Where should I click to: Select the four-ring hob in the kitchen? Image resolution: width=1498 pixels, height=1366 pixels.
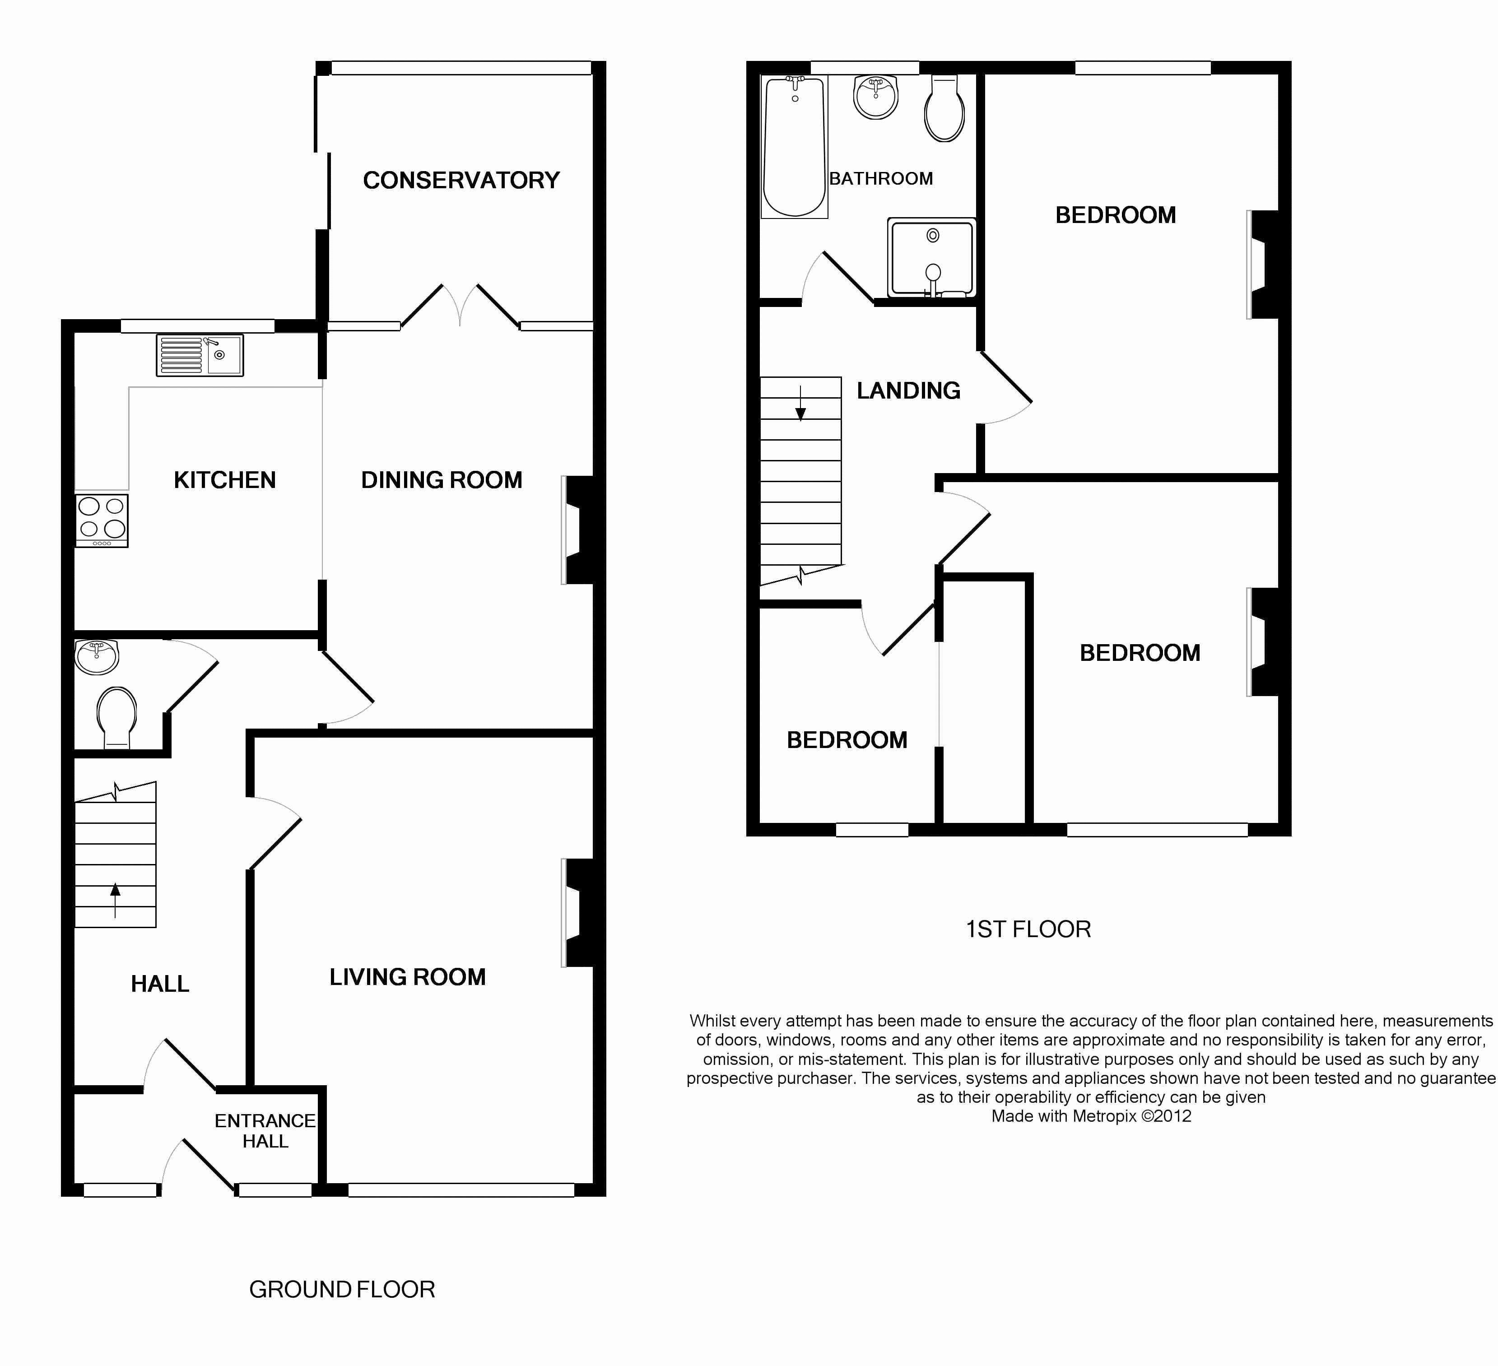[x=102, y=520]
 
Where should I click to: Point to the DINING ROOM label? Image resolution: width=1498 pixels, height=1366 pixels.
[x=442, y=480]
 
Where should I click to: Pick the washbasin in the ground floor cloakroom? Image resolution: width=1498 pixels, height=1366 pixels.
[x=97, y=657]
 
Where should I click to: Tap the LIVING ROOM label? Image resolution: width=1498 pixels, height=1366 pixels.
[x=407, y=977]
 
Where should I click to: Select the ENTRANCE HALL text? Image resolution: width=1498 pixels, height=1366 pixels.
[x=265, y=1130]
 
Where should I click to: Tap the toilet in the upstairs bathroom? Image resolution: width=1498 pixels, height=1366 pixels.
[x=944, y=108]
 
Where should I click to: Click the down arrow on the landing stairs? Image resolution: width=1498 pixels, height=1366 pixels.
[x=800, y=403]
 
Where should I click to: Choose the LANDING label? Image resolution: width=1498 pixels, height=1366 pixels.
[x=908, y=391]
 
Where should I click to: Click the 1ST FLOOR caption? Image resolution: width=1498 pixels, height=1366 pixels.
[x=1028, y=929]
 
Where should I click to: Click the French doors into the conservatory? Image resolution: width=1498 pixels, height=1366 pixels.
[x=460, y=306]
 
